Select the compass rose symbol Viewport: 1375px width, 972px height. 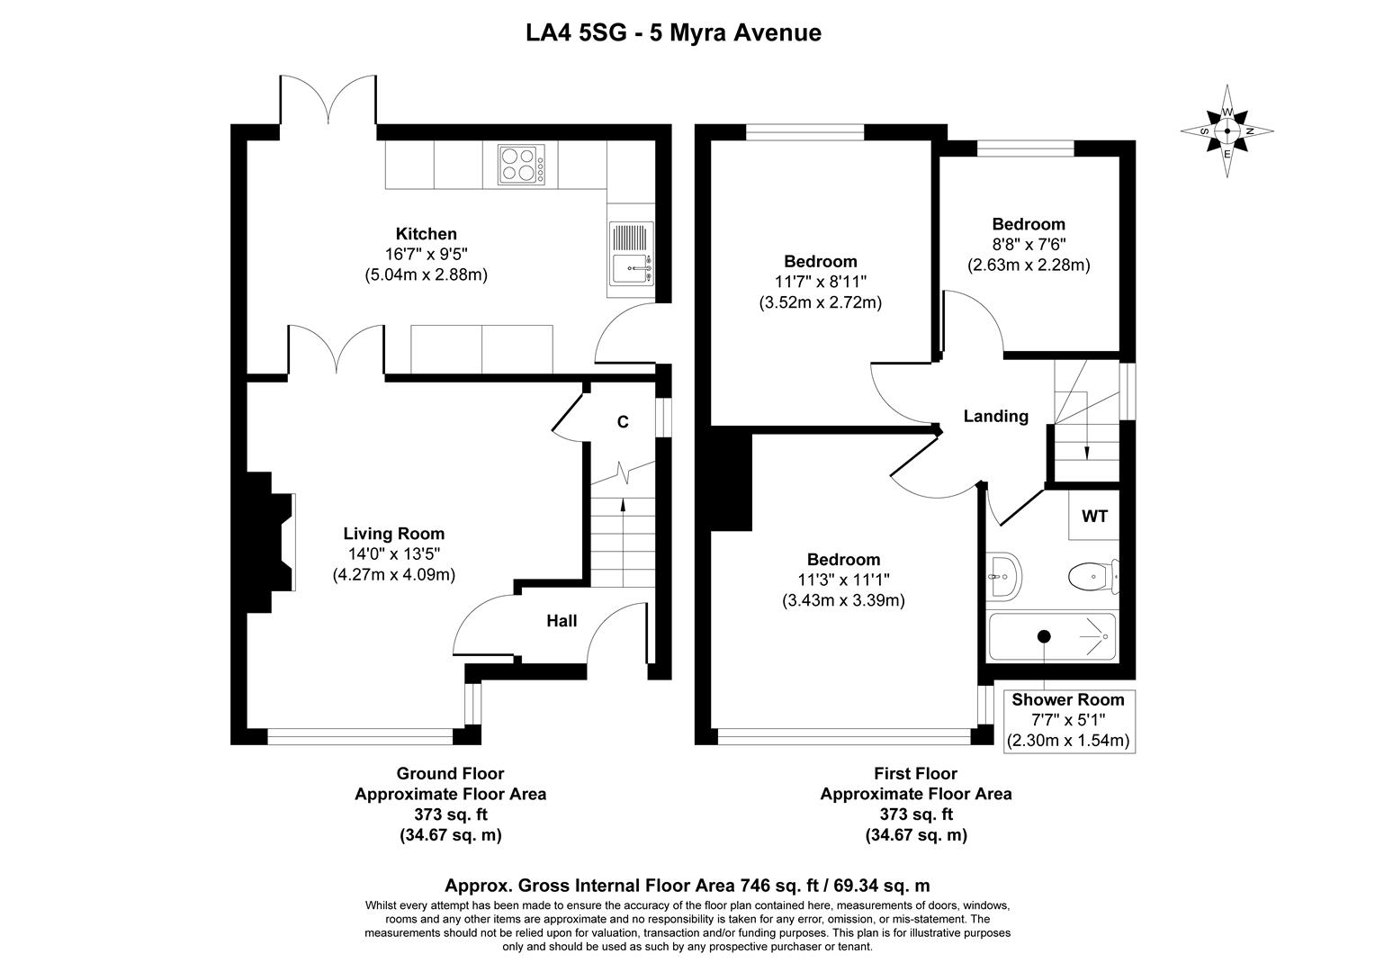tap(1227, 131)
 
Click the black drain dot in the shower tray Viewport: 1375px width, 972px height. tap(1044, 636)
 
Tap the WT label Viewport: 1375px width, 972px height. tap(1094, 517)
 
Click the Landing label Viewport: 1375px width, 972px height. tap(995, 416)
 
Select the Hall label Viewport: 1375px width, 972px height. tap(562, 621)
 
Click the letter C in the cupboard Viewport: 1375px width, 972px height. tap(622, 421)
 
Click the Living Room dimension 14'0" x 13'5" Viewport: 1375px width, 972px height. tap(394, 553)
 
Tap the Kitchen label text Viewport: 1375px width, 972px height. tap(426, 234)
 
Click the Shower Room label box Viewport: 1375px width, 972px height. tap(1068, 720)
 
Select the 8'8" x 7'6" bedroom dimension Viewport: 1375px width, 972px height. tap(1029, 245)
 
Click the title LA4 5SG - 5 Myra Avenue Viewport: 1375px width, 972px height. tap(673, 33)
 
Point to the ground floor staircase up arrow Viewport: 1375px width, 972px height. tap(622, 519)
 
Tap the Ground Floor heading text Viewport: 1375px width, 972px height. tap(450, 773)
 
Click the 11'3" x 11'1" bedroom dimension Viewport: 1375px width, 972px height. tap(843, 580)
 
